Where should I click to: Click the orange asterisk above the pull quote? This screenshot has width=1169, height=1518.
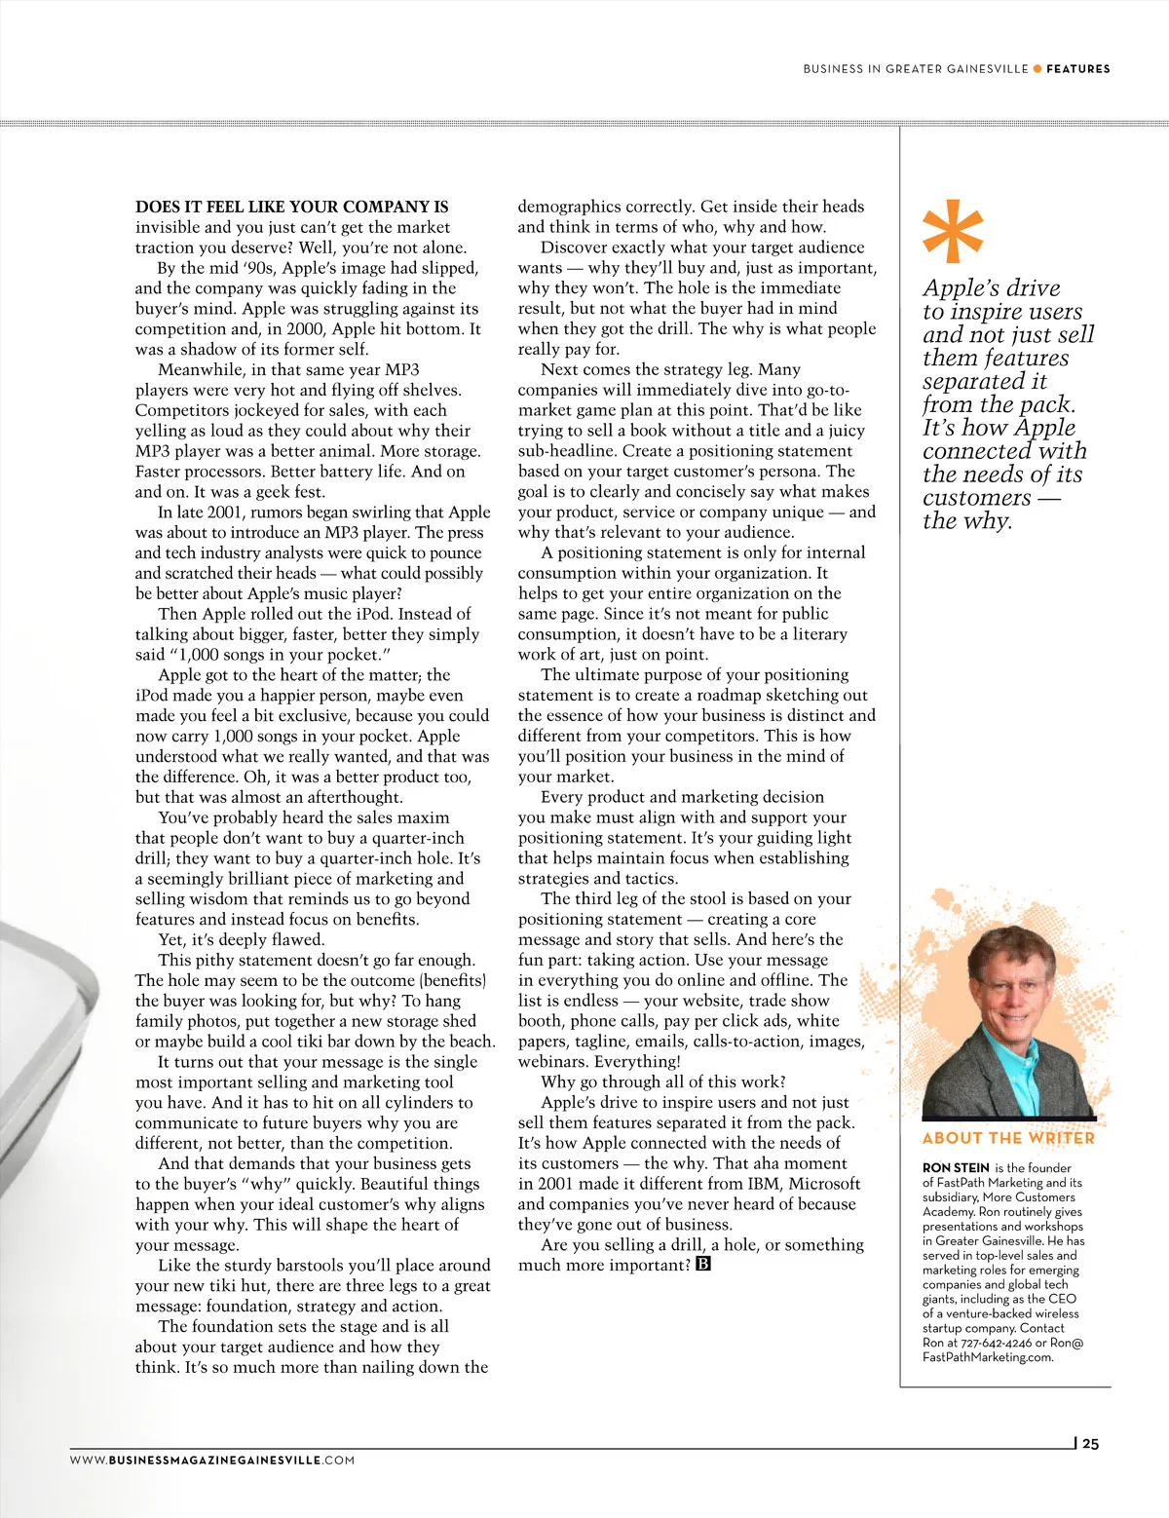tap(953, 232)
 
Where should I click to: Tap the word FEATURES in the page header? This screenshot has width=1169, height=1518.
tap(1077, 69)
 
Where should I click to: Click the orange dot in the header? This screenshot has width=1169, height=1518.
tap(1037, 69)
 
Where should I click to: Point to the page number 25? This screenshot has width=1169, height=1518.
tap(1090, 1444)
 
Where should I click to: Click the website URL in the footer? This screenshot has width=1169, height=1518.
tap(212, 1461)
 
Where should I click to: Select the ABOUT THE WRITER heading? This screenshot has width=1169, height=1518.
tap(1008, 1138)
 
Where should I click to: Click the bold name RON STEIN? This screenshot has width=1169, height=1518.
tap(956, 1168)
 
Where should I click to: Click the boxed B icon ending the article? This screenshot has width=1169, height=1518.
tap(703, 1265)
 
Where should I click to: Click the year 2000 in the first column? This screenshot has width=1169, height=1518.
tap(307, 328)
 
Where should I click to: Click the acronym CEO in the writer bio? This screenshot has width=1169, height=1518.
tap(1062, 1299)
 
